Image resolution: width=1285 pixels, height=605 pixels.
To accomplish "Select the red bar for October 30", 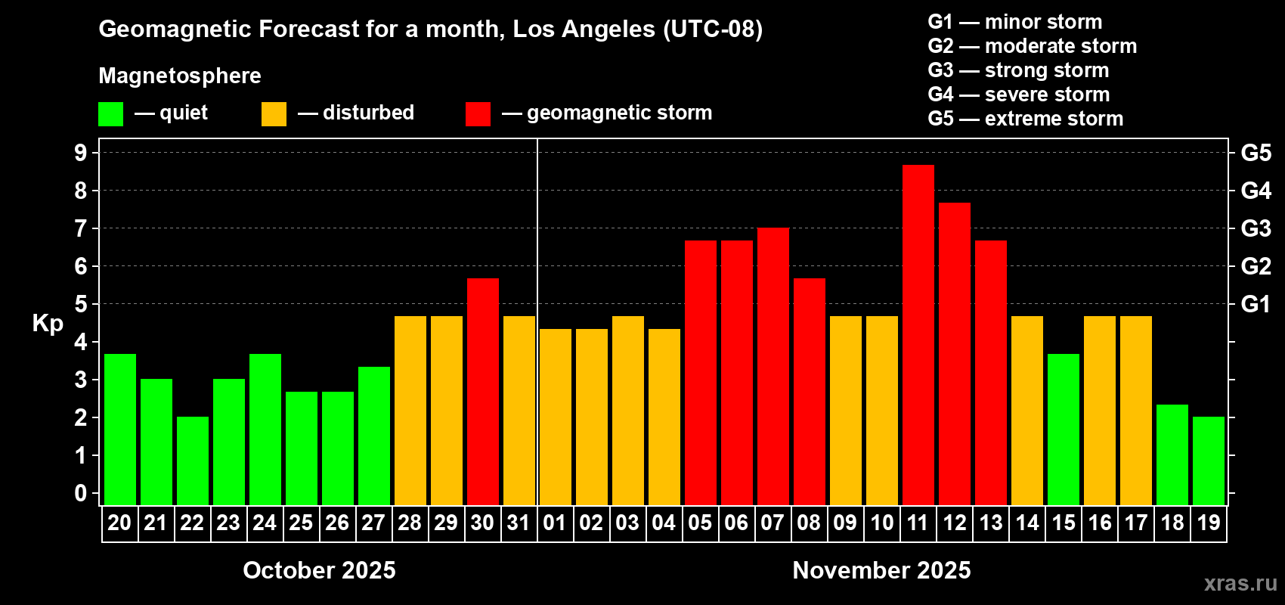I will (482, 392).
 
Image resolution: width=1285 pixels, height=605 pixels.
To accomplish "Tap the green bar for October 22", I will (192, 461).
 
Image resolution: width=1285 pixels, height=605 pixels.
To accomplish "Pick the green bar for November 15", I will (1063, 430).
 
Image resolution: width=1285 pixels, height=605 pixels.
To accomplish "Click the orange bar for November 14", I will (1026, 411).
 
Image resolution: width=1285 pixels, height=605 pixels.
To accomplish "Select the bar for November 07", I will (773, 367).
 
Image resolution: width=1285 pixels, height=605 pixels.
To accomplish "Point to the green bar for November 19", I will (1208, 461).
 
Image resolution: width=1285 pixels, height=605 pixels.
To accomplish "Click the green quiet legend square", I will (110, 114).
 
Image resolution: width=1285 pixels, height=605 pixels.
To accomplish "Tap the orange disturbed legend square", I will (274, 114).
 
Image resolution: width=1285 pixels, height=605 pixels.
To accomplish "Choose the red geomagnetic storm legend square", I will (478, 114).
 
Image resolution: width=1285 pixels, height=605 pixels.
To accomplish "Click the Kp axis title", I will (48, 323).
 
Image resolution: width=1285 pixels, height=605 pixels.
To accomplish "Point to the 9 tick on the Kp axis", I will (81, 153).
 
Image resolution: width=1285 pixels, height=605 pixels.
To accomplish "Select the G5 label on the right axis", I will (1256, 153).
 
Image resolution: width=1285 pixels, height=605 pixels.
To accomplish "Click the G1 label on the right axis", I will (1256, 304).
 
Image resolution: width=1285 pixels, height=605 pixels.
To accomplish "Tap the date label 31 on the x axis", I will (519, 523).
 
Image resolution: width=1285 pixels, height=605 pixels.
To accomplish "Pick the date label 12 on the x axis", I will (954, 523).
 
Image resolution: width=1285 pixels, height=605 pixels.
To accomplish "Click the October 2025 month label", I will (319, 570).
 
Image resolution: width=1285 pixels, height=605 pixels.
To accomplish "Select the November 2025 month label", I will (881, 570).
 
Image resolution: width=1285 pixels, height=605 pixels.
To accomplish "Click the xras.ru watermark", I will (1240, 583).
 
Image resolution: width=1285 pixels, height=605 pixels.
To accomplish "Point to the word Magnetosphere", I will (180, 76).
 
